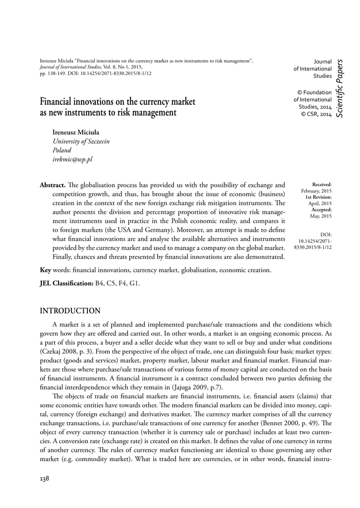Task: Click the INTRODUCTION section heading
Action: click(70, 311)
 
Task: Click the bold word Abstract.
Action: click(53, 185)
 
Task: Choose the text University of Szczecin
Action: click(81, 141)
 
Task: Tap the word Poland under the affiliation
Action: click(62, 150)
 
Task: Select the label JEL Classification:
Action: click(66, 283)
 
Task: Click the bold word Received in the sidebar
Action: click(322, 185)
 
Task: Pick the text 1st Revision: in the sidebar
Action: click(318, 197)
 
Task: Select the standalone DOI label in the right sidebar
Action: click(326, 234)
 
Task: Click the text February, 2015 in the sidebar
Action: click(316, 191)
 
